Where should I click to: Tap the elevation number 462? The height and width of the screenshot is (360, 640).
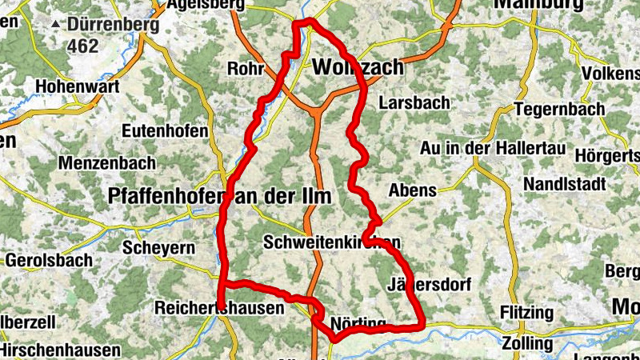pos(82,46)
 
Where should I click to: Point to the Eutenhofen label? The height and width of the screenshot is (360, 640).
pos(165,131)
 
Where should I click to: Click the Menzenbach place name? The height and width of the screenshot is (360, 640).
pos(106,163)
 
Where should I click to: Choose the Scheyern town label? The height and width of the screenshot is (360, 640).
pos(158,248)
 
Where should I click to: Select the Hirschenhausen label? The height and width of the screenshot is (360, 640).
pos(60,350)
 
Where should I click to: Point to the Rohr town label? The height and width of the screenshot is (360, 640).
pos(246,69)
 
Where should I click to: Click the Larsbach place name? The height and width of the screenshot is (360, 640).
pos(414,103)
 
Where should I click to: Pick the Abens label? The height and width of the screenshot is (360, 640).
pos(412,190)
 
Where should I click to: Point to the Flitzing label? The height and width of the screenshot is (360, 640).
pos(526,311)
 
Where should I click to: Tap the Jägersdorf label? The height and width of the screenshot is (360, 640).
pos(429,285)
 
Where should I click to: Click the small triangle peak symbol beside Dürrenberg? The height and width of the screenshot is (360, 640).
pos(55,25)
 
